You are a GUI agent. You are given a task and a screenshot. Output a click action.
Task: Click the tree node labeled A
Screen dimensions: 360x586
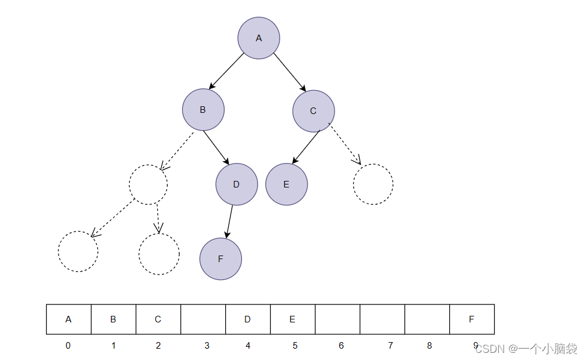click(259, 38)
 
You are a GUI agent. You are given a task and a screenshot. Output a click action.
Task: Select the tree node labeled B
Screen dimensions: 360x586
click(203, 110)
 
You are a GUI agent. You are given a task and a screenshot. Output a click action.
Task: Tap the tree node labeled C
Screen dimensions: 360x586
click(314, 111)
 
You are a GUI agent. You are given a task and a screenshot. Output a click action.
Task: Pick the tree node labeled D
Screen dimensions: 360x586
click(237, 184)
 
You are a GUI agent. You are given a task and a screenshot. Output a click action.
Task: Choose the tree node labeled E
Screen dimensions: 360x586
click(287, 184)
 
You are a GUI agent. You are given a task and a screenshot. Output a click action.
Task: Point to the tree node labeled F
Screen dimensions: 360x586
click(220, 259)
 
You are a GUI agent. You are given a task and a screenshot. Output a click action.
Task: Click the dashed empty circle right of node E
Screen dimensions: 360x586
click(373, 184)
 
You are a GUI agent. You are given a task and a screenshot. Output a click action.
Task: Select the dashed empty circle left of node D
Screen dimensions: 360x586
click(148, 184)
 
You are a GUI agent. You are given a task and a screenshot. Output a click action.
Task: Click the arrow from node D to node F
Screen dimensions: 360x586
click(229, 221)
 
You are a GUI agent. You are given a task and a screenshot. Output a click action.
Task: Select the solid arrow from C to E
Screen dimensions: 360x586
click(306, 147)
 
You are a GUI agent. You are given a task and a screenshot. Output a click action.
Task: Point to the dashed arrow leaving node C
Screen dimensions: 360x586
click(345, 143)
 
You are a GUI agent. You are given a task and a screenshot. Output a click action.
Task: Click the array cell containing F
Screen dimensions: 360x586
click(471, 319)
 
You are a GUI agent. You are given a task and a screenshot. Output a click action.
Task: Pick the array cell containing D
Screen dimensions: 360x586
click(247, 319)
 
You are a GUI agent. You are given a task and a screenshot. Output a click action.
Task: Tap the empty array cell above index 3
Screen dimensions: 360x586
click(203, 319)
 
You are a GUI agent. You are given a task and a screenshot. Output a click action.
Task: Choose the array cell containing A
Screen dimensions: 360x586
click(69, 319)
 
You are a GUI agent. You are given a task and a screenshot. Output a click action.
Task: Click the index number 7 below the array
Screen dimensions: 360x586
click(391, 346)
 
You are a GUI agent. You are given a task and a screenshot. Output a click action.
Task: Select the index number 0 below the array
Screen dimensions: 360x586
click(68, 346)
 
